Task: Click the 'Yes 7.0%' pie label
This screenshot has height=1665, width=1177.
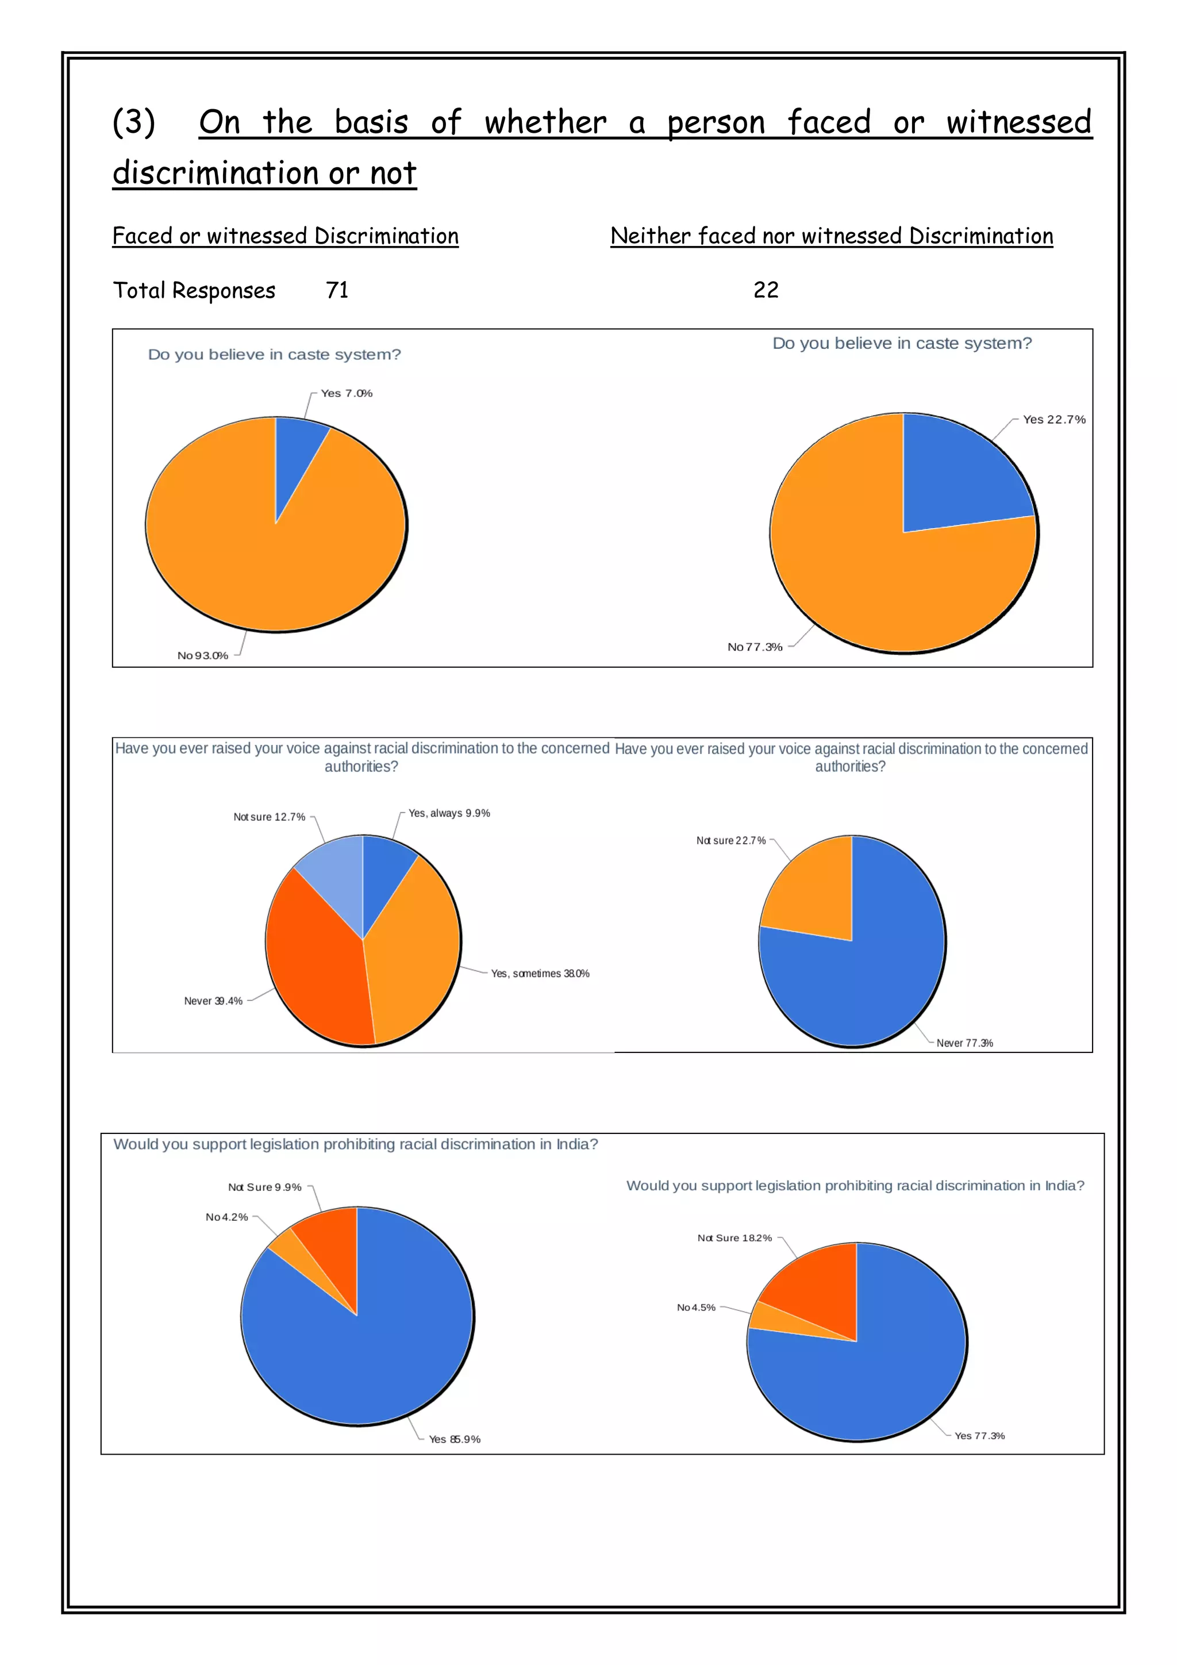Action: (x=347, y=393)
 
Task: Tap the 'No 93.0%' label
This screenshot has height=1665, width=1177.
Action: (x=203, y=656)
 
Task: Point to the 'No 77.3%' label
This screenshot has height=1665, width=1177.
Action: (x=755, y=647)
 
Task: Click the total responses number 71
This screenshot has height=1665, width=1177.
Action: (x=337, y=290)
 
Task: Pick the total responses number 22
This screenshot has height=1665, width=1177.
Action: (x=766, y=290)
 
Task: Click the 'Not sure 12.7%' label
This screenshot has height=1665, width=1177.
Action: (x=269, y=817)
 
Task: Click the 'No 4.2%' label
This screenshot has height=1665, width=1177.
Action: (x=227, y=1217)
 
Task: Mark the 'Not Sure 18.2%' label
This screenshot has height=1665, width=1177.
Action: (x=734, y=1238)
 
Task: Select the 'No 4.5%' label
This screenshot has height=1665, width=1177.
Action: (x=696, y=1308)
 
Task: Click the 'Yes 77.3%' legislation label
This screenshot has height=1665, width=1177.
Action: (x=980, y=1435)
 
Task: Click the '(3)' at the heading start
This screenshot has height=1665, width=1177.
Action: (x=134, y=122)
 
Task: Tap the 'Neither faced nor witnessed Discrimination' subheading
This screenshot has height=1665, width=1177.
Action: (x=832, y=236)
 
